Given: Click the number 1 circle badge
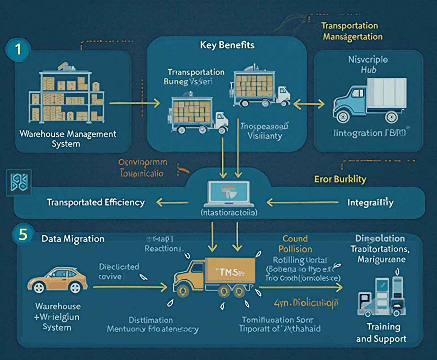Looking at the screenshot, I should (x=18, y=50).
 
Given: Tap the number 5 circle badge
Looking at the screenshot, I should (x=23, y=235).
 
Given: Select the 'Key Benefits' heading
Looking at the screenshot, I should (x=227, y=45).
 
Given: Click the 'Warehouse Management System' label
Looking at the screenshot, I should (x=67, y=139).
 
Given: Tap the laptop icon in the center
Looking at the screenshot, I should (x=229, y=194).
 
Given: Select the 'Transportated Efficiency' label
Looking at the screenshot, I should (x=96, y=203).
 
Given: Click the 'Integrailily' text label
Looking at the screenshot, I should (x=370, y=203).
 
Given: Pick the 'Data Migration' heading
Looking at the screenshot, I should (x=73, y=239).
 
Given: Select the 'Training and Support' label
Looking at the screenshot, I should (x=381, y=333).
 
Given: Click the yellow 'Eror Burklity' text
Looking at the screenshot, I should (x=340, y=179).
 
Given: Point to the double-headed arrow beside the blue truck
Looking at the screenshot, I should (x=309, y=104).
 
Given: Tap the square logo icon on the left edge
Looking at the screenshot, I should (x=19, y=183).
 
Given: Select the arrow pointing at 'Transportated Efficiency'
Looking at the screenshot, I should (x=172, y=203).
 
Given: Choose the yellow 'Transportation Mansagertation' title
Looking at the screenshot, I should (x=352, y=31).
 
